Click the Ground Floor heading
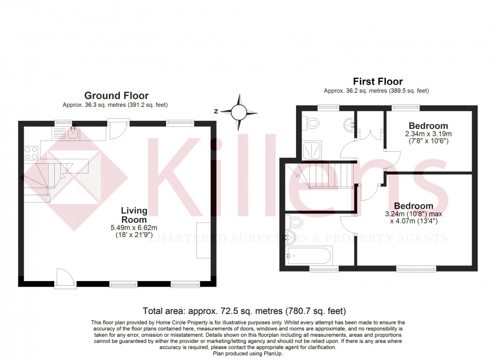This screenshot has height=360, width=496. pyautogui.click(x=116, y=96)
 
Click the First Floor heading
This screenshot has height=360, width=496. pyautogui.click(x=378, y=81)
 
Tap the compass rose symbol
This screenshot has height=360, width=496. pyautogui.click(x=238, y=112)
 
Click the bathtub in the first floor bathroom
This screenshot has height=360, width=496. pyautogui.click(x=309, y=256)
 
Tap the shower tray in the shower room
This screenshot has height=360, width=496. pyautogui.click(x=312, y=150)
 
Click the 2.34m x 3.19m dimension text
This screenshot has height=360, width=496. pyautogui.click(x=428, y=133)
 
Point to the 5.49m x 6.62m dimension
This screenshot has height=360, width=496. pyautogui.click(x=134, y=227)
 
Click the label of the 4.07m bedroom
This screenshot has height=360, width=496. pyautogui.click(x=414, y=206)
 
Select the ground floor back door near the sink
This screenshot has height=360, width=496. pyautogui.click(x=118, y=129)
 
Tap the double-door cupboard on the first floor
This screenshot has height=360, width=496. pyautogui.click(x=369, y=133)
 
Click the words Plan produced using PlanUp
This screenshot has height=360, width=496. pyautogui.click(x=248, y=353)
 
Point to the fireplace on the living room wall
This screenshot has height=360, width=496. pyautogui.click(x=203, y=240)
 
